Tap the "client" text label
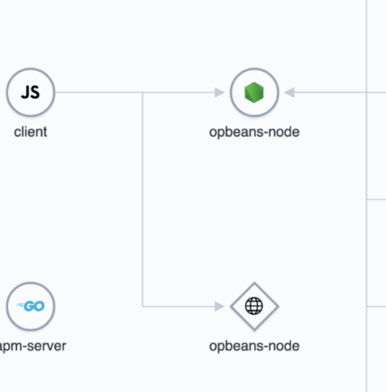[31, 132]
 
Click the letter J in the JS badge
[25, 93]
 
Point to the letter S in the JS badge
[35, 93]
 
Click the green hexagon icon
[255, 93]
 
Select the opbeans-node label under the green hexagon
[254, 132]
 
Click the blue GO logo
[31, 306]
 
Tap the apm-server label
[32, 345]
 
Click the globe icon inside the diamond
[254, 306]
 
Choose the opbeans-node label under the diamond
[254, 346]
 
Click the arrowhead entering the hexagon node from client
[220, 93]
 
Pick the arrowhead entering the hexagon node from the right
[289, 93]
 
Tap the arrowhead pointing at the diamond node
[220, 306]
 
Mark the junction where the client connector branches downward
[142, 93]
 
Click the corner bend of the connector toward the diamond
[142, 306]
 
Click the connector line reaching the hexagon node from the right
[335, 93]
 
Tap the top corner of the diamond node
[254, 282]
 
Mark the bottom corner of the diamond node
[254, 330]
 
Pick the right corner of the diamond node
[278, 306]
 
